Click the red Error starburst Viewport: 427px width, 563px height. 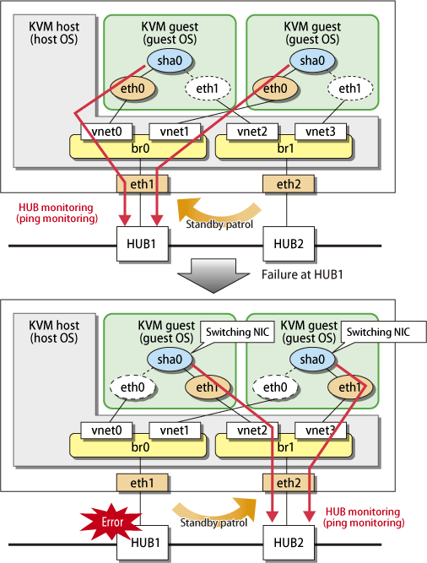tap(111, 522)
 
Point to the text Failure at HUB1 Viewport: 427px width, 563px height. tap(302, 274)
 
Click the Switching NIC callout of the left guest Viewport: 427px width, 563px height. tap(237, 332)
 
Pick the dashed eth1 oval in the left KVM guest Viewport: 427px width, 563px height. tap(208, 89)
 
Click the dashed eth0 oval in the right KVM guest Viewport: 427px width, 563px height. tap(275, 387)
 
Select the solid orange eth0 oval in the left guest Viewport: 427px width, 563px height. tap(132, 89)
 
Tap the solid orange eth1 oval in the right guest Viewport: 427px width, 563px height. tap(350, 387)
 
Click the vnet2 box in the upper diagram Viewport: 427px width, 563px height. tap(252, 132)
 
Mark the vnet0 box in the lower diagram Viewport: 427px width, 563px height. tap(106, 430)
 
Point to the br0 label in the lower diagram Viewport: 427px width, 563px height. tap(140, 447)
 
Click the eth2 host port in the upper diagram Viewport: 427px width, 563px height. tap(289, 184)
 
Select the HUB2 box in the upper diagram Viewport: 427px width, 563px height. tap(289, 244)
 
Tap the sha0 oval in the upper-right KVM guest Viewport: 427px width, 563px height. tap(312, 60)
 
